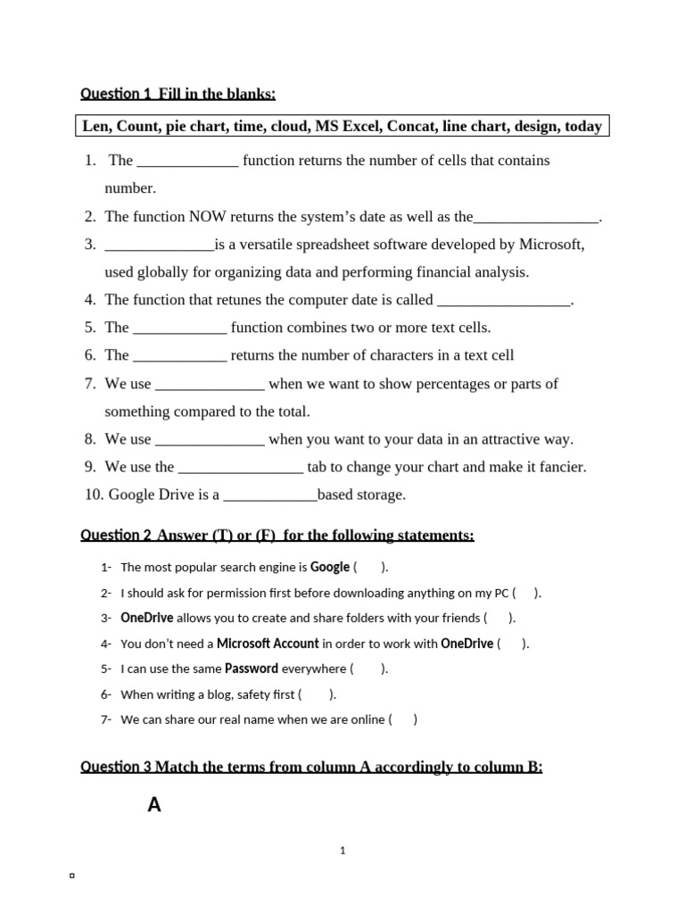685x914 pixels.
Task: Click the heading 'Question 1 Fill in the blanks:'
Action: (x=178, y=94)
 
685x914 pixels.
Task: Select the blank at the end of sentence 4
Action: (x=504, y=301)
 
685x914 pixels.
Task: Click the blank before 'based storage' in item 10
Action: (x=269, y=495)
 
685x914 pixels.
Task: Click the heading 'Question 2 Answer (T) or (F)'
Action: (x=276, y=536)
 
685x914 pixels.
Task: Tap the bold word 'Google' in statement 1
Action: (x=330, y=568)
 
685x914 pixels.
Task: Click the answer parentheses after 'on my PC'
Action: (x=526, y=593)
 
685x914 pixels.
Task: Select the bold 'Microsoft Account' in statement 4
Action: (x=268, y=644)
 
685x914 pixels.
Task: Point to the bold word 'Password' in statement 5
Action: (x=252, y=669)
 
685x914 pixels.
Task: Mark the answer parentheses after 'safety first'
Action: (x=317, y=694)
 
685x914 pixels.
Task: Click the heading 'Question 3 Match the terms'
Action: (x=310, y=767)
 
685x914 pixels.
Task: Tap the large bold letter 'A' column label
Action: (x=154, y=805)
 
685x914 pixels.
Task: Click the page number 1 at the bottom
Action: (x=342, y=852)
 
